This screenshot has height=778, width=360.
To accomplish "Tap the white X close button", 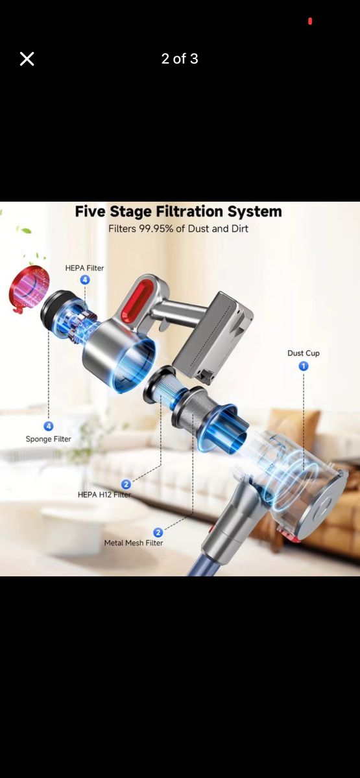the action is tap(27, 59).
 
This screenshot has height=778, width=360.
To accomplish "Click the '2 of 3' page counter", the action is tap(180, 59).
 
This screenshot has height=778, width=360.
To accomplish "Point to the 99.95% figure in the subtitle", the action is tap(156, 228).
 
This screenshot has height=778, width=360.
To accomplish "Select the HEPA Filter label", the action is tap(84, 268).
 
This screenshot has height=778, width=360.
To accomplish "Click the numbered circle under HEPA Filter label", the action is tap(85, 279).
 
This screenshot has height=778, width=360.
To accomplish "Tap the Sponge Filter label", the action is tap(48, 439).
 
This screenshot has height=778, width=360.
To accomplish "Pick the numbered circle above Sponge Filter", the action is tap(48, 426).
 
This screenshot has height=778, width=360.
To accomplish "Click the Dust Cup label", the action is tap(304, 353).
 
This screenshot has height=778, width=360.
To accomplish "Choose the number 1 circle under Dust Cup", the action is tap(304, 366).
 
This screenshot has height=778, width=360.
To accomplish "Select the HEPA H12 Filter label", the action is tap(104, 494).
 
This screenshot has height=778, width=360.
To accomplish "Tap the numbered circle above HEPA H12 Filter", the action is tap(126, 484).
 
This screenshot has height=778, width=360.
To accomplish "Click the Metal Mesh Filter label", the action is tap(134, 543).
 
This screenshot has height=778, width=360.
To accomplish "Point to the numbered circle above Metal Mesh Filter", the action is tap(158, 532).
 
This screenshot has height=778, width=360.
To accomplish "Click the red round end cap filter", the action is tap(29, 289).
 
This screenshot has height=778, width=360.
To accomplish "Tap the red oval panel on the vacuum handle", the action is tap(138, 300).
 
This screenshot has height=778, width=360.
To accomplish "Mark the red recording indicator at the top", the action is tap(310, 21).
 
